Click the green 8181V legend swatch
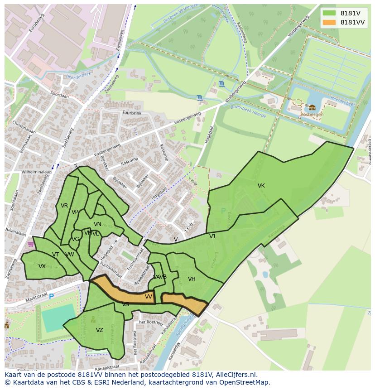point(329,13)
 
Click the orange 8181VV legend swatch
point(329,22)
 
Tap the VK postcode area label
point(261,186)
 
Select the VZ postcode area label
point(100,330)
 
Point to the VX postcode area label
point(42,266)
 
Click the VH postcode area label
point(192,279)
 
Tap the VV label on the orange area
point(149,297)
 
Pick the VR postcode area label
point(64,206)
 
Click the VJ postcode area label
point(212,236)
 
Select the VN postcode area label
point(97,224)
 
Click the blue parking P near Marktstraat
point(51,296)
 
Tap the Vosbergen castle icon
point(312,107)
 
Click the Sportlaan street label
point(59,96)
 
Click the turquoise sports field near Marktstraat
point(58,317)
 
